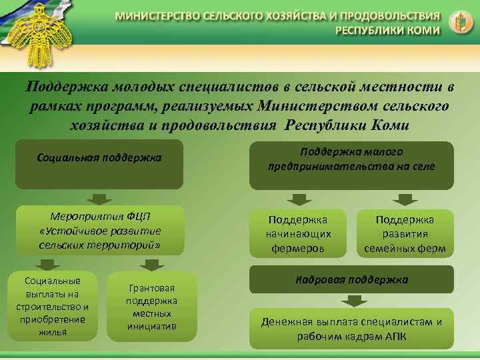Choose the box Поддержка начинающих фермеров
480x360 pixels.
(x=298, y=234)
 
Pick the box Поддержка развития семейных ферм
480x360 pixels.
(x=405, y=234)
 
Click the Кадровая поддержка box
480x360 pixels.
(x=351, y=279)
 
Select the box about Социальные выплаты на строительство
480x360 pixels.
(x=52, y=305)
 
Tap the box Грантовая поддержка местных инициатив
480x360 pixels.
(x=153, y=307)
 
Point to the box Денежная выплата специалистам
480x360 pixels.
(x=351, y=329)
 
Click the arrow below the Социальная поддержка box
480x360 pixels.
(x=100, y=198)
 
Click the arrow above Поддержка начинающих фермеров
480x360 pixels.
(x=297, y=199)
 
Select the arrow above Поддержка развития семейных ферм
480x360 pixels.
(x=404, y=199)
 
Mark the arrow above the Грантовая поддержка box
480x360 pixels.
(x=153, y=264)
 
